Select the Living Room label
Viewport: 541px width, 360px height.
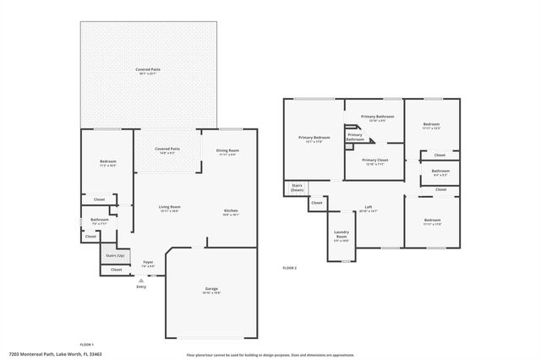(x=170, y=209)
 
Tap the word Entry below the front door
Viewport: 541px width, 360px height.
(x=141, y=286)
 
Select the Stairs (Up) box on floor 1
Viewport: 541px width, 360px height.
(x=116, y=254)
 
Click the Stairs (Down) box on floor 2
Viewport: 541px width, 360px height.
(x=297, y=188)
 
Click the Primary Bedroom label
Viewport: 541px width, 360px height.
(x=314, y=139)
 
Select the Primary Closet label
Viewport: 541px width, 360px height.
(x=374, y=161)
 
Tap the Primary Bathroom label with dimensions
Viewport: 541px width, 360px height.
(x=378, y=118)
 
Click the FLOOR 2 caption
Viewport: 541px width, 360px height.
(x=289, y=268)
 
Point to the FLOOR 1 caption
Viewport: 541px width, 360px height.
(x=86, y=344)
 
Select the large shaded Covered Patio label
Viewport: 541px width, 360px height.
(x=148, y=71)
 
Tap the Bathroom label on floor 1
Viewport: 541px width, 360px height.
(x=100, y=221)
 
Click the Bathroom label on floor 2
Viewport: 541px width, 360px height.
(x=440, y=172)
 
